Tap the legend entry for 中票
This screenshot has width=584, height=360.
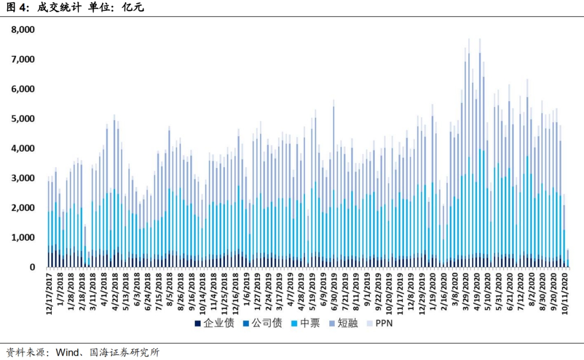(306, 323)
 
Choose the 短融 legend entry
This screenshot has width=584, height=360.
(344, 323)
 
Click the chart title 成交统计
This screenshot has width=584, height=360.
(59, 8)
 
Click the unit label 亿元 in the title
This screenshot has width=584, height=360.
(133, 8)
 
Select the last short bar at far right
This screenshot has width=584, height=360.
(568, 258)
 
